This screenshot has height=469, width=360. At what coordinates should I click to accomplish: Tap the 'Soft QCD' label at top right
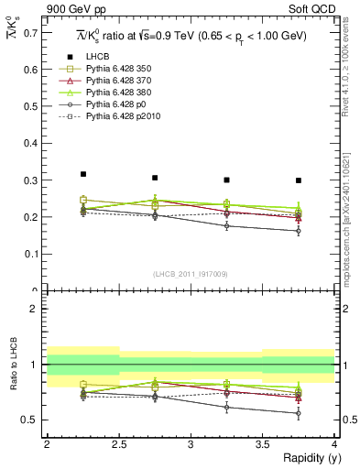tap(311, 10)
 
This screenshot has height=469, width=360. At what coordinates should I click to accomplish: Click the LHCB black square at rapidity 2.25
tap(82, 174)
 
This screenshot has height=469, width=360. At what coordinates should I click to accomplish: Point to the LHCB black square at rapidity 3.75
tap(299, 180)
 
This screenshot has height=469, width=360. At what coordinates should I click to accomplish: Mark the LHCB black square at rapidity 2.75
tap(155, 178)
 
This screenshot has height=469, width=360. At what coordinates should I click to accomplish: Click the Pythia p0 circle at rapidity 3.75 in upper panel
tap(299, 231)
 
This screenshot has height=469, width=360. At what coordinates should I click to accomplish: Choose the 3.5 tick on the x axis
tap(263, 444)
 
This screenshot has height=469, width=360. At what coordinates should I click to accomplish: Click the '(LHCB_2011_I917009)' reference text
tap(191, 274)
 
